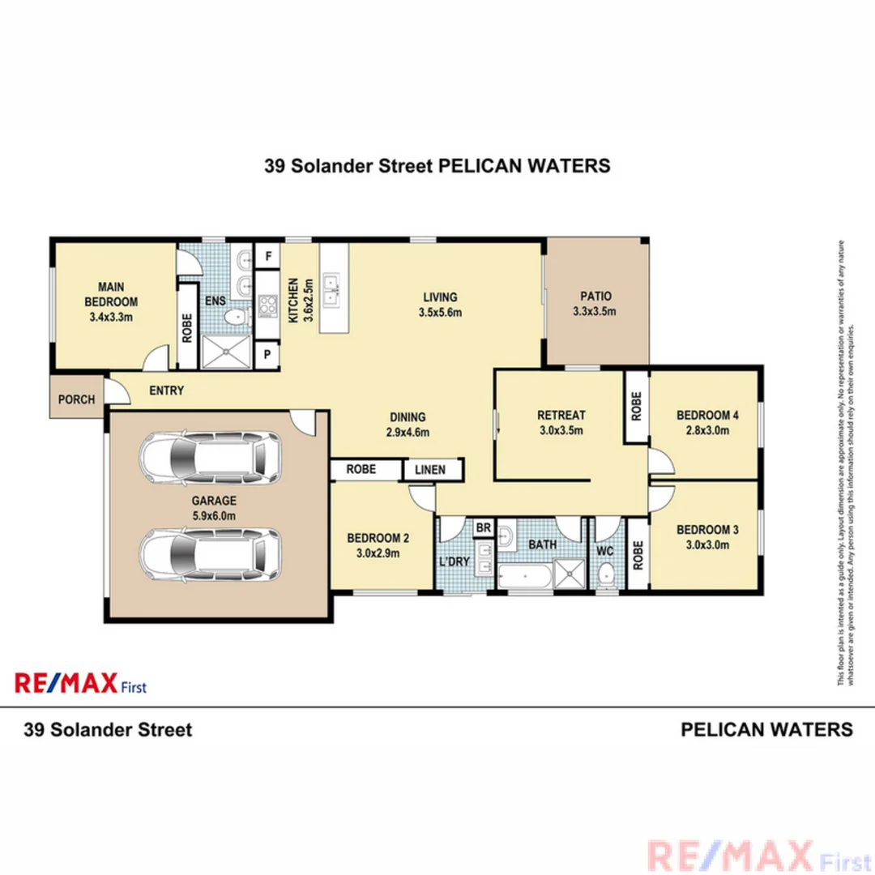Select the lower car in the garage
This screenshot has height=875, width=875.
[211, 555]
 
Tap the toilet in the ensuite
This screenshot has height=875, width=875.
[236, 317]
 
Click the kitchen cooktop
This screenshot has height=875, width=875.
[267, 306]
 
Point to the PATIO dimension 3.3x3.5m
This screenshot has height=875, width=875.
[595, 311]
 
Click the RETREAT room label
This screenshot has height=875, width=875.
[561, 416]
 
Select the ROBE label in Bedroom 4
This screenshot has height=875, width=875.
[637, 407]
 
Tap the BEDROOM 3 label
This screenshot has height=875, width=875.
[707, 530]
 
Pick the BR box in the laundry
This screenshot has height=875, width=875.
[484, 528]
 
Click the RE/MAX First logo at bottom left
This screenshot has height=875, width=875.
[80, 683]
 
